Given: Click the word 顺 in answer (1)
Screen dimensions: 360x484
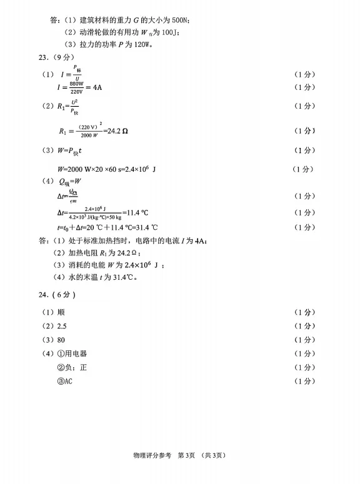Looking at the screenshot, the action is coord(61,312).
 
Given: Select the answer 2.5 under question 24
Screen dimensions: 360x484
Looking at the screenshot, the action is coord(61,326).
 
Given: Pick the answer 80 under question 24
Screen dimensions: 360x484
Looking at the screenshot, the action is coord(61,340).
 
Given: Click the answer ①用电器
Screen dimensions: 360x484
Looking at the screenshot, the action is coord(72,353).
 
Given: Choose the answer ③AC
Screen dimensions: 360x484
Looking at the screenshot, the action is coord(66,381).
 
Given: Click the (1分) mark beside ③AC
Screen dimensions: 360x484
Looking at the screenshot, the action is coord(304,381).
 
